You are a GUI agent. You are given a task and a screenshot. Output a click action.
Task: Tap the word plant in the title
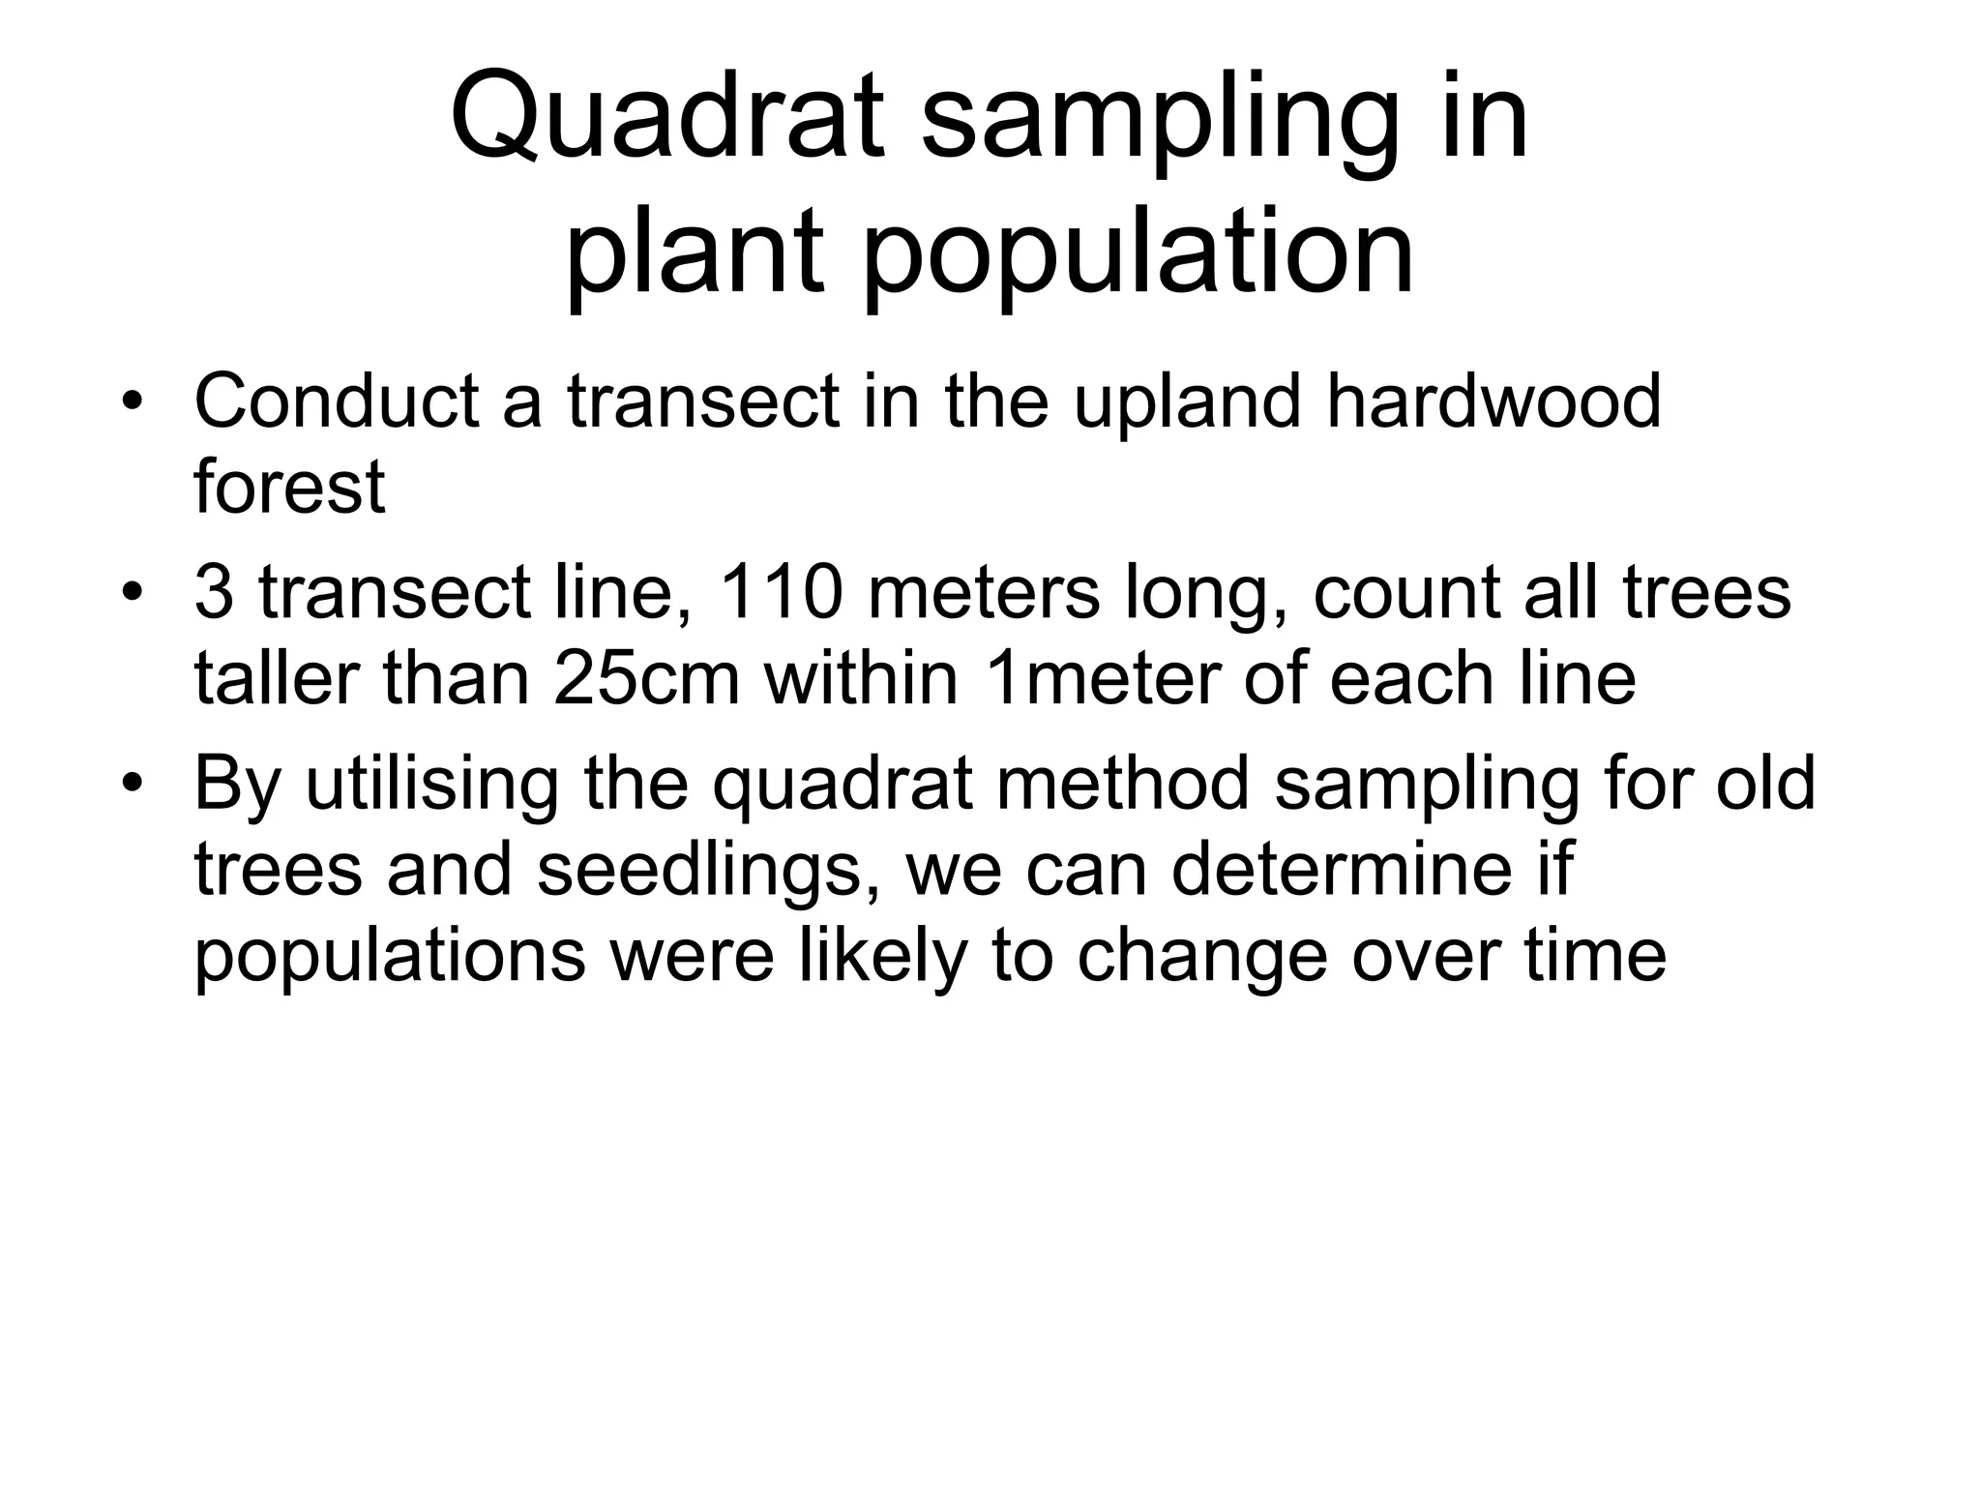coord(694,253)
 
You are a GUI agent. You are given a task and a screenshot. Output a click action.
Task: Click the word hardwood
coord(1493,401)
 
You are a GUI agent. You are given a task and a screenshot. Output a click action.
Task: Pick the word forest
coord(289,486)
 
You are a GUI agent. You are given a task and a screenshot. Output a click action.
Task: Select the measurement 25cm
coord(647,677)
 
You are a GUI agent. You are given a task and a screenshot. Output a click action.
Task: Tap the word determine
coord(1341,868)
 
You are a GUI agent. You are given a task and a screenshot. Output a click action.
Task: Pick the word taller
coord(278,677)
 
